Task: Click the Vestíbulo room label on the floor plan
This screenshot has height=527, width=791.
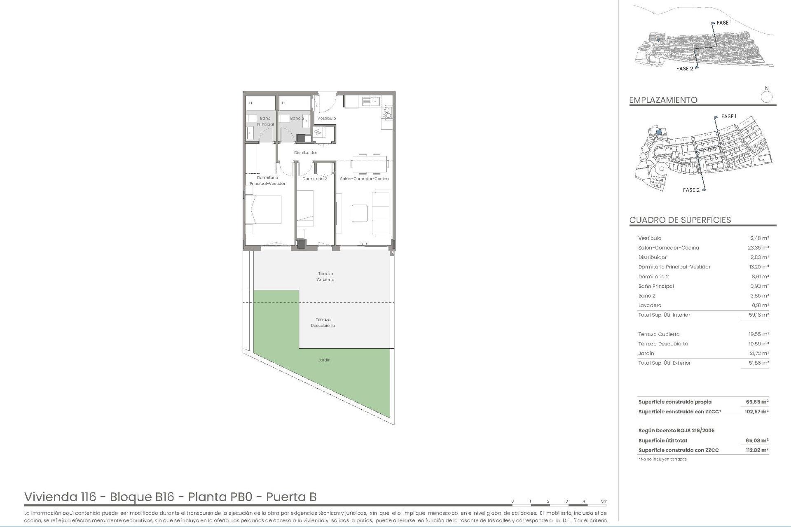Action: point(326,118)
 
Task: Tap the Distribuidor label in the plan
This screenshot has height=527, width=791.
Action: point(306,153)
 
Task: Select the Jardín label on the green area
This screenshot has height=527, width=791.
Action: point(324,360)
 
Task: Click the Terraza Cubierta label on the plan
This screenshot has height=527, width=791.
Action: point(325,277)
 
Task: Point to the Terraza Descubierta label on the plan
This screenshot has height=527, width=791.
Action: point(323,322)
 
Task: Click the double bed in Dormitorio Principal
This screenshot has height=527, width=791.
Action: point(264,209)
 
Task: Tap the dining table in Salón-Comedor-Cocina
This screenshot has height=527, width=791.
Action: point(370,163)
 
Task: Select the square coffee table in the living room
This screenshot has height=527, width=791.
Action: point(360,213)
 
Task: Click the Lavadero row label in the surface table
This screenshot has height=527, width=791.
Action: point(650,305)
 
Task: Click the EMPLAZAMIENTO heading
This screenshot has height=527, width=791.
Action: point(663,100)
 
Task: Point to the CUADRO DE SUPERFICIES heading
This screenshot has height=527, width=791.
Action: point(680,220)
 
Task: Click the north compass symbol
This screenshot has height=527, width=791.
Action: point(766,97)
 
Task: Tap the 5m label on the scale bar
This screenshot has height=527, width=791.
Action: point(604,501)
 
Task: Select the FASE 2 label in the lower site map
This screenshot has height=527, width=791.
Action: point(691,190)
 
